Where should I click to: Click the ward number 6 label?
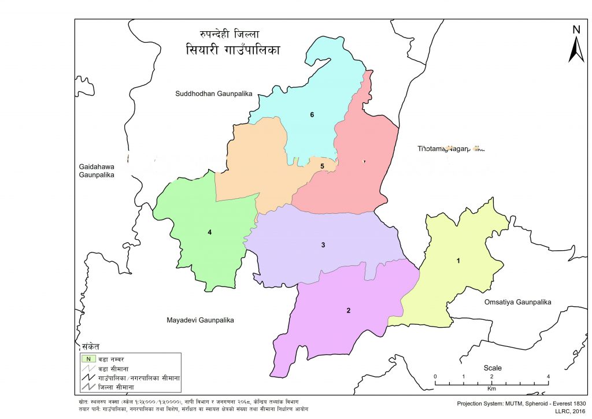(312, 115)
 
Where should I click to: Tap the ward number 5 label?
(323, 166)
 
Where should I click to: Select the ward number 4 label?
(210, 232)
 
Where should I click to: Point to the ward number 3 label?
(323, 246)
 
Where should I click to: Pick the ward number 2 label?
(348, 311)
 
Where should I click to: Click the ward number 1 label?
(458, 261)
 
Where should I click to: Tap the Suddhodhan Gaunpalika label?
(214, 93)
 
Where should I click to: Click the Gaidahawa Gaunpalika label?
(97, 170)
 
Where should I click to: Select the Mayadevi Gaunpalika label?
(202, 320)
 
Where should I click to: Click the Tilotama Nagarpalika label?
(451, 149)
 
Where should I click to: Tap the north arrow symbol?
(576, 49)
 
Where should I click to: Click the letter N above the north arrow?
(576, 29)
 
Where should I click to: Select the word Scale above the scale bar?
(493, 368)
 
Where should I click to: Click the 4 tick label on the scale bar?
(547, 377)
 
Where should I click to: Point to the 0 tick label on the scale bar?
(435, 377)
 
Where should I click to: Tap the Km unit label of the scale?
(491, 390)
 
